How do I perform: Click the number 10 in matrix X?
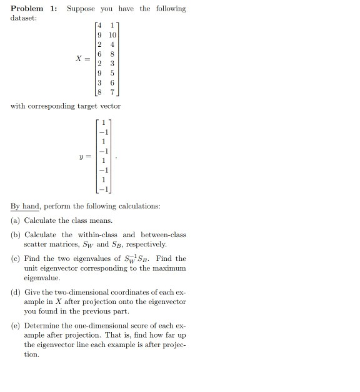pyautogui.click(x=112, y=35)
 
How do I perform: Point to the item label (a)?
pyautogui.click(x=16, y=220)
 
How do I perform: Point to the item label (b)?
pyautogui.click(x=16, y=235)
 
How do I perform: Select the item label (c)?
pyautogui.click(x=16, y=258)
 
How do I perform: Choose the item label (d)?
pyautogui.click(x=16, y=292)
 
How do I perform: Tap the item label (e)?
pyautogui.click(x=16, y=325)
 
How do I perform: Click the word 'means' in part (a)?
pyautogui.click(x=101, y=220)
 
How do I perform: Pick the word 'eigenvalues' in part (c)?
pyautogui.click(x=92, y=258)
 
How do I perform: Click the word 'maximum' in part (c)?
pyautogui.click(x=170, y=268)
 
